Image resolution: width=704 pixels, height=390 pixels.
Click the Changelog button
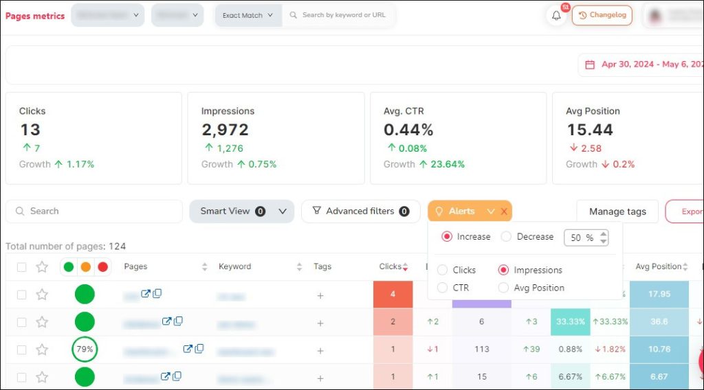click(602, 15)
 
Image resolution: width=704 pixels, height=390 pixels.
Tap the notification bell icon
click(556, 15)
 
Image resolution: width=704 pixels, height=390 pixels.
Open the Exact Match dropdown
click(248, 15)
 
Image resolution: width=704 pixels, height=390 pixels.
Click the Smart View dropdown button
click(241, 211)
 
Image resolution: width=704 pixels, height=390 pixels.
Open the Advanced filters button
click(360, 211)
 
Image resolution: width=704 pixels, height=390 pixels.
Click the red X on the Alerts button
click(504, 211)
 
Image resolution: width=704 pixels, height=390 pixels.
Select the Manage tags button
click(617, 211)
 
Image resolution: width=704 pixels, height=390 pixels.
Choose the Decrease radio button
click(507, 237)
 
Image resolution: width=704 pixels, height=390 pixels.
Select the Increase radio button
click(447, 237)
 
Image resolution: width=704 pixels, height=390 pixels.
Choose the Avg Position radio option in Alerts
click(504, 288)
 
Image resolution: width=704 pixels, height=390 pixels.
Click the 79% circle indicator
click(85, 349)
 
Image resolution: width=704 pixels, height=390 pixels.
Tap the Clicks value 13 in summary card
click(30, 130)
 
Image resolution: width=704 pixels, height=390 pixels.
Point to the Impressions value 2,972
click(225, 130)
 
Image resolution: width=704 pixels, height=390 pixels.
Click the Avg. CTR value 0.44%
click(408, 130)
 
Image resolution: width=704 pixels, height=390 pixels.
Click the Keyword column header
click(235, 266)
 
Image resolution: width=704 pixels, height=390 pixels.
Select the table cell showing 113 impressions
click(481, 349)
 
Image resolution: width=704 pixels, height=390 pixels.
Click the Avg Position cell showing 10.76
click(659, 349)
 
